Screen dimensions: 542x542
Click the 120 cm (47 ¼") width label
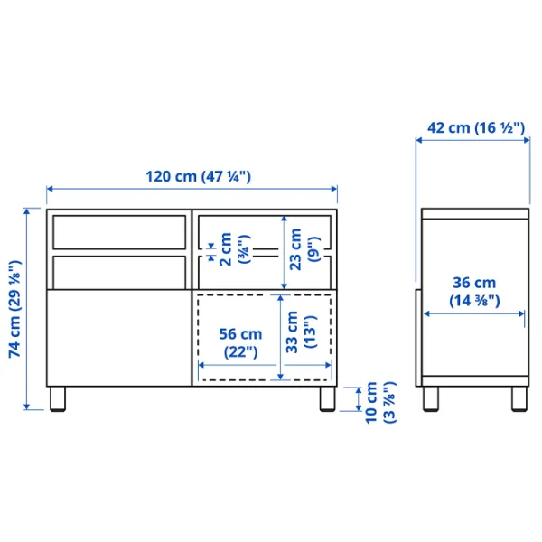(192, 177)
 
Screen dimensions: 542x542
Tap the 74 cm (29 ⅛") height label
(14, 310)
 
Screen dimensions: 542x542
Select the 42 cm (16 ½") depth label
(475, 128)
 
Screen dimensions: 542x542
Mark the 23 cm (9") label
(302, 245)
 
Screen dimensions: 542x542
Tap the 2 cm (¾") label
(232, 247)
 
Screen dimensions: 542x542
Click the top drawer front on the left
(118, 233)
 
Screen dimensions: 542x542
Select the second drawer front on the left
(118, 271)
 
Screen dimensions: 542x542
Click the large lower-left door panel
(118, 337)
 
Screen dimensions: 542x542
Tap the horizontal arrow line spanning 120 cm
(192, 189)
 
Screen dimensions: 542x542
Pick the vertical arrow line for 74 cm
(28, 310)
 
